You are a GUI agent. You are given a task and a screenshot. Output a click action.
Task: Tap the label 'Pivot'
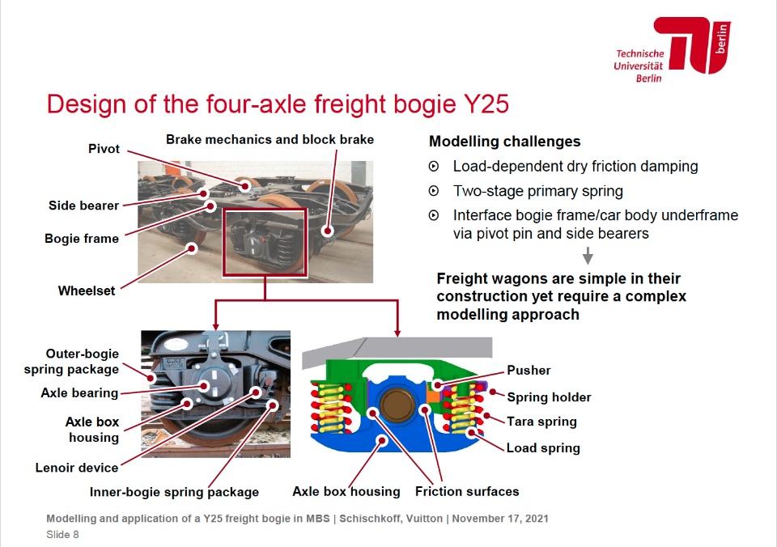[104, 149]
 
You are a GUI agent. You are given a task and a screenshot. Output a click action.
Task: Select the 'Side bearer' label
[83, 206]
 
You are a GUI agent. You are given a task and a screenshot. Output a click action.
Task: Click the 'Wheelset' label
[87, 290]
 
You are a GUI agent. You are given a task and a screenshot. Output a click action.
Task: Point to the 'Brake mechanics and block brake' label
[270, 140]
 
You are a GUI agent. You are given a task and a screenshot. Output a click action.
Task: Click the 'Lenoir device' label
[77, 468]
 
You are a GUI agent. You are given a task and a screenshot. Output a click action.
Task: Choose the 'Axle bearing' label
[79, 393]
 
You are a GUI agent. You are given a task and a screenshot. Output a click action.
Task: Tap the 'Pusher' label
[529, 370]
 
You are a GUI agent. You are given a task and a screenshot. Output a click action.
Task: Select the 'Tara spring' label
[541, 422]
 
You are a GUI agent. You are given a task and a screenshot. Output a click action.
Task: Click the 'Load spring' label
[543, 448]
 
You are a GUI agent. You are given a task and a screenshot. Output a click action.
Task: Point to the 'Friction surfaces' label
[467, 491]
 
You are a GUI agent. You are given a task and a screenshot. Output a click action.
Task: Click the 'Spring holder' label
[549, 397]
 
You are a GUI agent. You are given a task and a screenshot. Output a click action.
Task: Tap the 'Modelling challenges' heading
[504, 142]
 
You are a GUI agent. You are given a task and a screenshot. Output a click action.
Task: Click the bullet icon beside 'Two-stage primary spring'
[434, 191]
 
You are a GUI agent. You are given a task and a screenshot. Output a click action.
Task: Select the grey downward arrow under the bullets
[588, 256]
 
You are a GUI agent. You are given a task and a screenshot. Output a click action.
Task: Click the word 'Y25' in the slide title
[486, 104]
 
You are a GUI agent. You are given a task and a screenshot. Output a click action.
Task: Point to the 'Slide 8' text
[62, 535]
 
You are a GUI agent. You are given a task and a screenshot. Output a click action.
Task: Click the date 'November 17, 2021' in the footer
[500, 519]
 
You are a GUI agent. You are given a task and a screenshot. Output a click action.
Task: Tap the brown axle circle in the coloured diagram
[397, 405]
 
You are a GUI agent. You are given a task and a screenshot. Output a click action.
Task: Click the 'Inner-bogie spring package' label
[175, 492]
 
